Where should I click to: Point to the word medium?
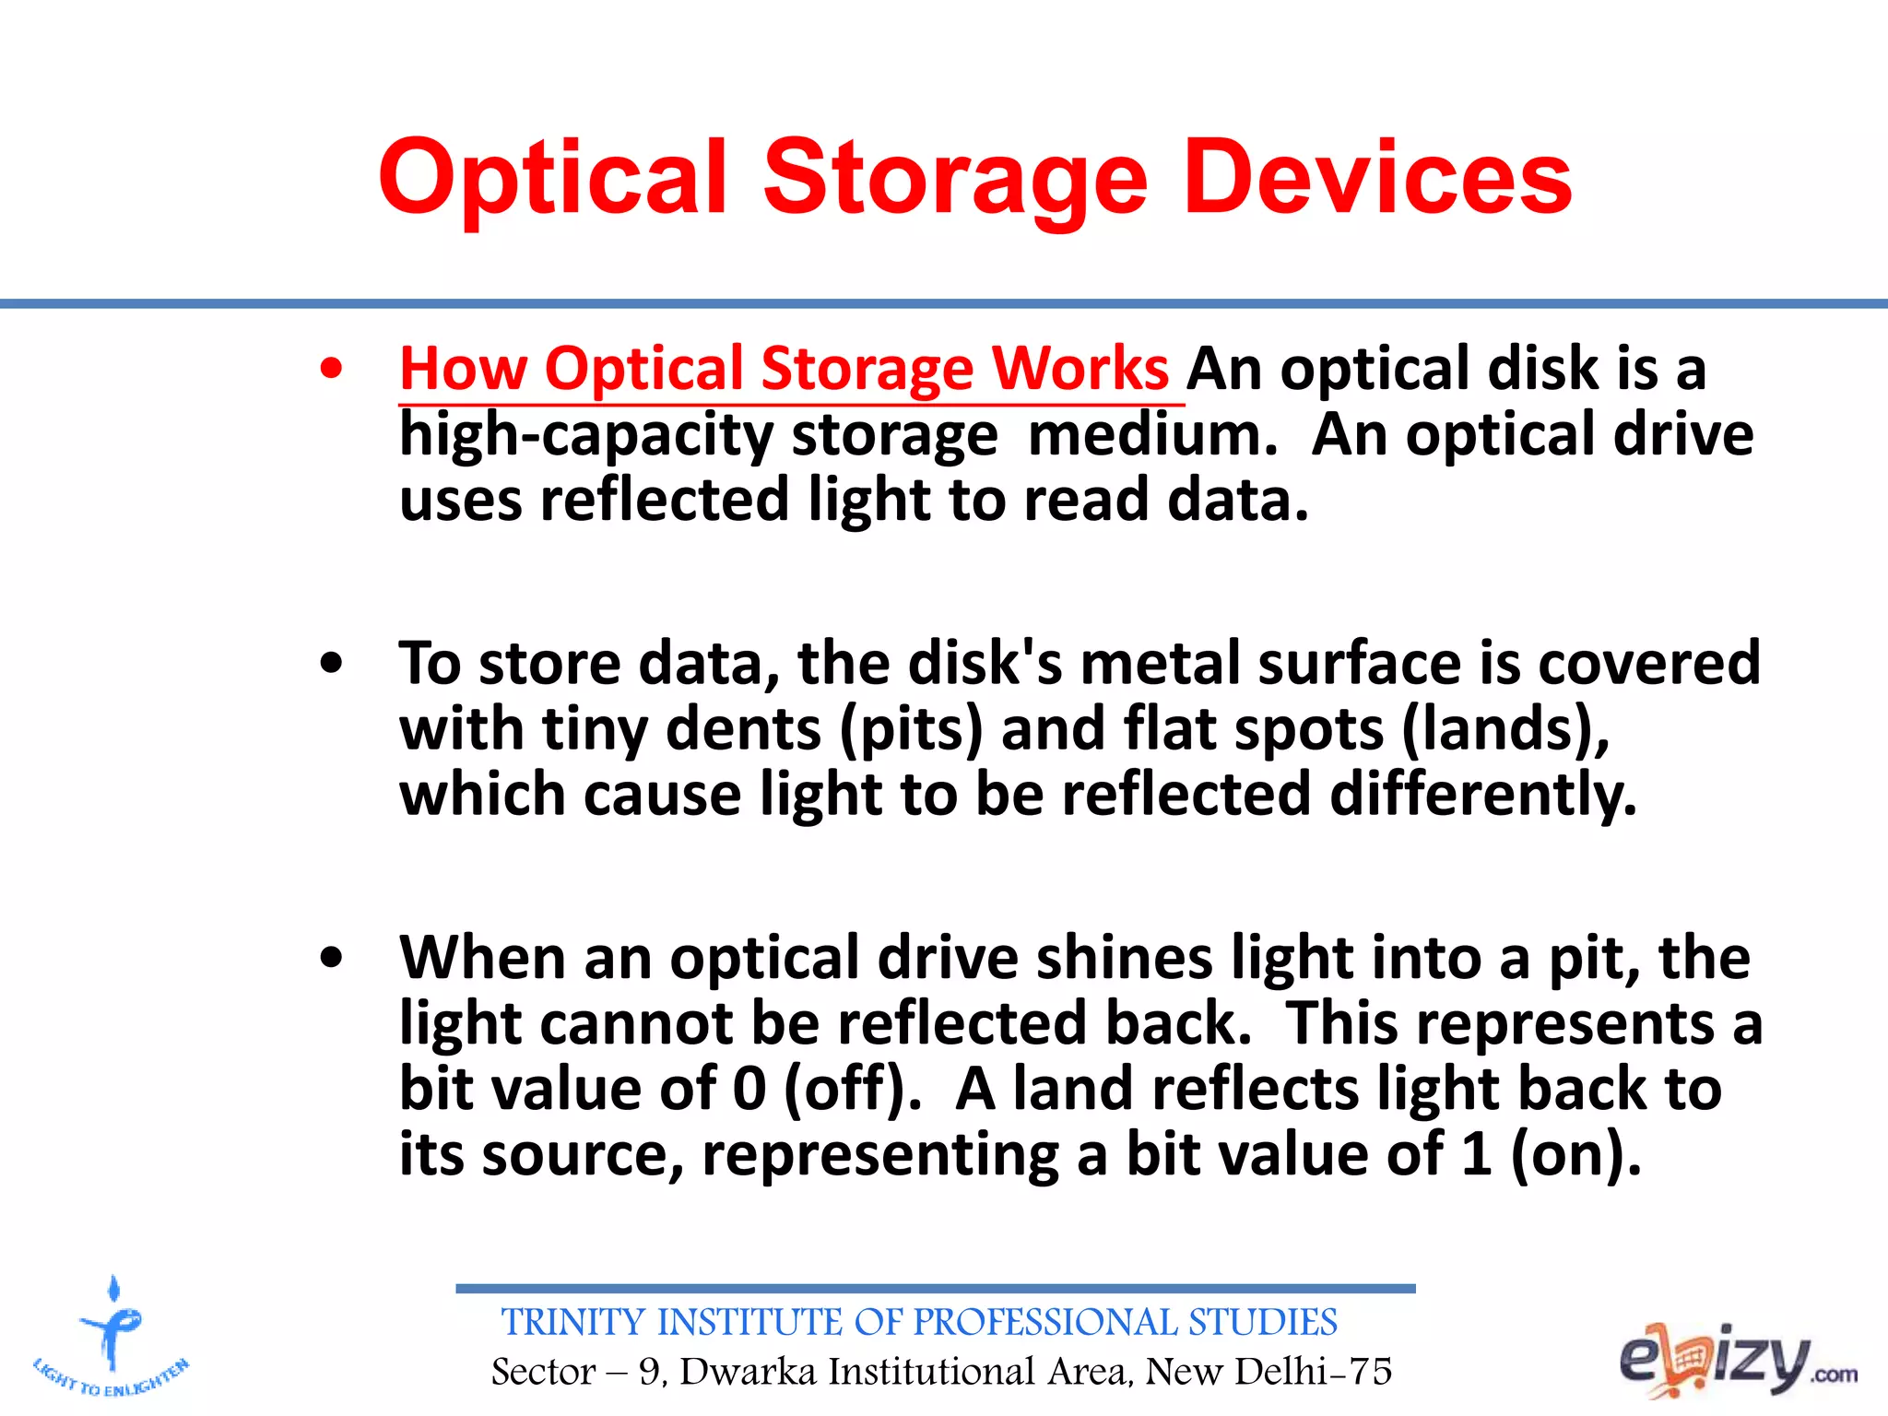(1152, 435)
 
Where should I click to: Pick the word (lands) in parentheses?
(1504, 729)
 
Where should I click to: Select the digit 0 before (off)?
(749, 1089)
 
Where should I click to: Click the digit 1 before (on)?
(1476, 1154)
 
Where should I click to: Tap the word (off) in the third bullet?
(852, 1089)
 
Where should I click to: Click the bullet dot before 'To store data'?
(331, 664)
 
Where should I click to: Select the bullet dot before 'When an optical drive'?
(331, 958)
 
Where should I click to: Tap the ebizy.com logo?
(1737, 1361)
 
